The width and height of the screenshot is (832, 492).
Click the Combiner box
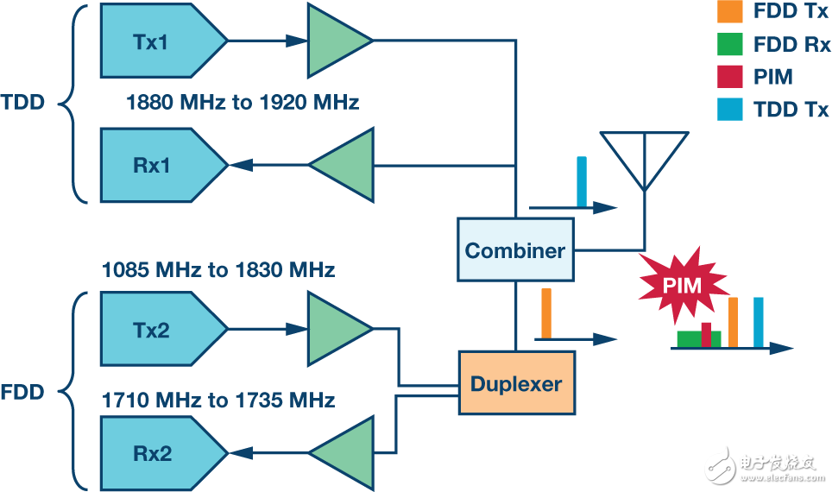click(515, 250)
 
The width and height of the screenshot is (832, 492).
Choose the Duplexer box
click(516, 382)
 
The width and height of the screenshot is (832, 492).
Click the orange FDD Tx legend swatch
click(729, 13)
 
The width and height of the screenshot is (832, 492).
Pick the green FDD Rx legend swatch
click(729, 45)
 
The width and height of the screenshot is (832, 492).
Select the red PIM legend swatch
click(729, 77)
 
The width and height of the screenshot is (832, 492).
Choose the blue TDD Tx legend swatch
click(729, 109)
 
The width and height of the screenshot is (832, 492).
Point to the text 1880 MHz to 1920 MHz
click(242, 103)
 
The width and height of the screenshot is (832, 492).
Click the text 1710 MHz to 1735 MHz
click(218, 401)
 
